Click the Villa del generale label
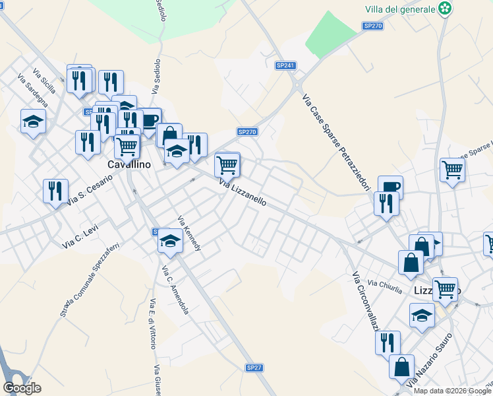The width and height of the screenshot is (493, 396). pyautogui.click(x=400, y=9)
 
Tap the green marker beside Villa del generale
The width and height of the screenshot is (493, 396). pyautogui.click(x=447, y=9)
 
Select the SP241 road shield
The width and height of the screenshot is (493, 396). pyautogui.click(x=285, y=65)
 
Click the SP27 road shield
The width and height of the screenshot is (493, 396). pyautogui.click(x=254, y=367)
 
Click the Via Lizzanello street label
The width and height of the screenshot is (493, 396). pyautogui.click(x=243, y=193)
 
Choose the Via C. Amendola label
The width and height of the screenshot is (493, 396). pyautogui.click(x=175, y=290)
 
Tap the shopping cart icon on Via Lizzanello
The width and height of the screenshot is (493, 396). pyautogui.click(x=227, y=164)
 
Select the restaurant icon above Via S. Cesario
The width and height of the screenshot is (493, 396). pyautogui.click(x=55, y=191)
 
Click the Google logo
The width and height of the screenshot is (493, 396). pyautogui.click(x=21, y=387)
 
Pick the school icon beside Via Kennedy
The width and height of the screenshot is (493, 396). pyautogui.click(x=170, y=240)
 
